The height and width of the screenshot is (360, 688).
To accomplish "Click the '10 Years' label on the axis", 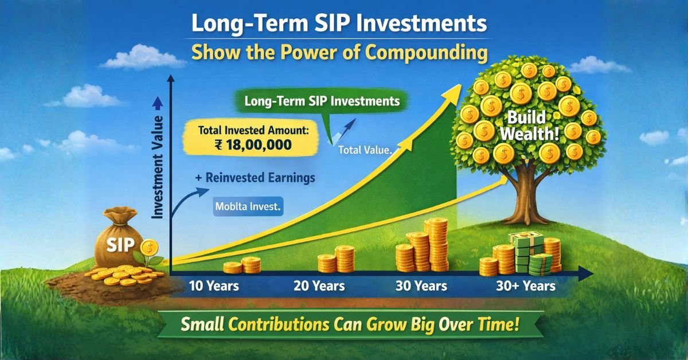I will pos(213,285).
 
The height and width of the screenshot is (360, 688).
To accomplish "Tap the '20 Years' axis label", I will pos(319,285).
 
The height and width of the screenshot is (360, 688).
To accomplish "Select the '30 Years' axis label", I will pos(423,285).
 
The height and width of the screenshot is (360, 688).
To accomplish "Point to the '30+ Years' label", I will pos(525,285).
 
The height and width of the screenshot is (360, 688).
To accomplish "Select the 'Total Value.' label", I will pos(365,151).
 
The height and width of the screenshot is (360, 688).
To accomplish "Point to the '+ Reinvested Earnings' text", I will pos(255,178).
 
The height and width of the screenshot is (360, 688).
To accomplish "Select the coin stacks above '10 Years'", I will pos(242,265).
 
